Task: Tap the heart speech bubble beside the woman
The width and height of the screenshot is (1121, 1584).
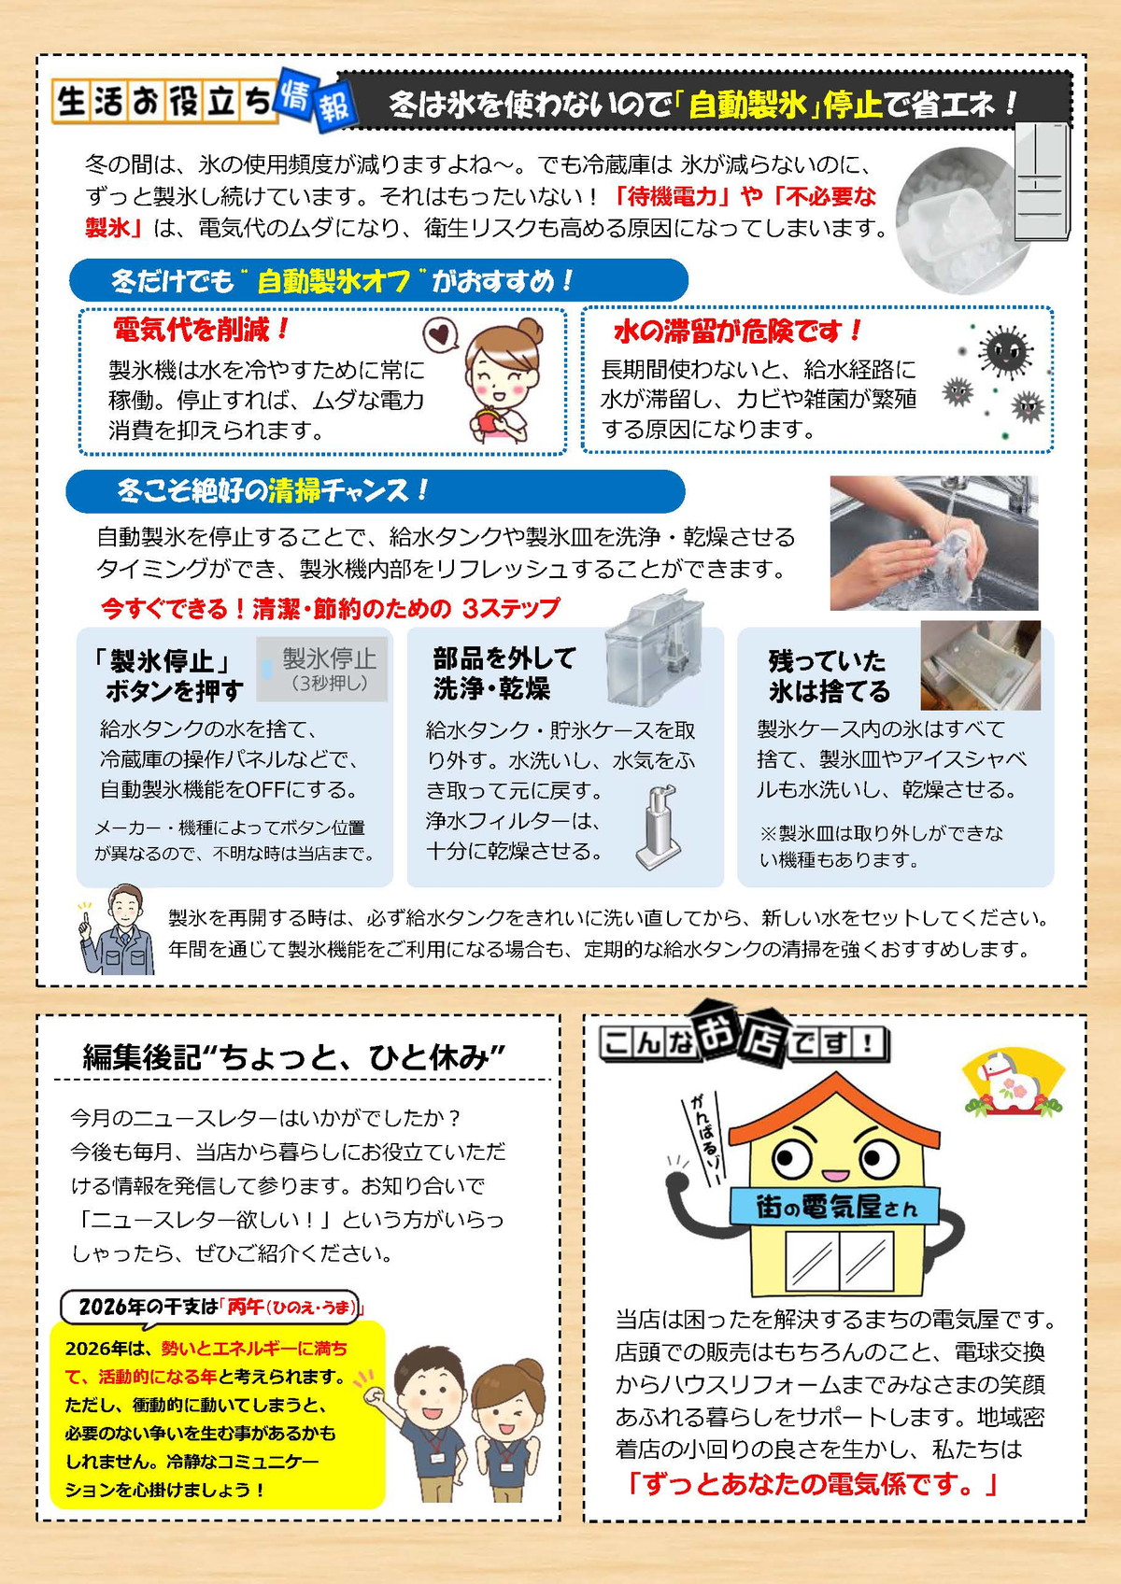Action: pos(440,333)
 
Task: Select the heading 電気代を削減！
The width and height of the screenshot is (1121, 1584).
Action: pos(201,329)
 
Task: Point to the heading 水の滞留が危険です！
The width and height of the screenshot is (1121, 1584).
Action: pos(737,331)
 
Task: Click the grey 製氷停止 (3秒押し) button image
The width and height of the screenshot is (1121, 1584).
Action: pos(323,669)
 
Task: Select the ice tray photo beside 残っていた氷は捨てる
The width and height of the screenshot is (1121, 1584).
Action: pos(980,665)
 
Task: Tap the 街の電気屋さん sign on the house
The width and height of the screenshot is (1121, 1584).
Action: pos(836,1207)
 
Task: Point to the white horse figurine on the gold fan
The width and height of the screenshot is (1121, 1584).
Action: pos(1012,1084)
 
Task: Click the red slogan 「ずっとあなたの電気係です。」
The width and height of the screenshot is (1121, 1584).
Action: pos(812,1483)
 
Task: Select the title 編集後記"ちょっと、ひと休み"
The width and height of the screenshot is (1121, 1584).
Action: pos(294,1056)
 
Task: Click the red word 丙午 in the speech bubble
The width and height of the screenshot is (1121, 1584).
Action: pos(246,1307)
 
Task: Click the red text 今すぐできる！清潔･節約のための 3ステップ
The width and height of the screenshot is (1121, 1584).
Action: pos(330,609)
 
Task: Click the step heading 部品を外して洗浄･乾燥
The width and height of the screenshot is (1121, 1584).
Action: pos(504,673)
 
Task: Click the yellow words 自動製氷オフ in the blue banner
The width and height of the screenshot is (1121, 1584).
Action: pos(333,280)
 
